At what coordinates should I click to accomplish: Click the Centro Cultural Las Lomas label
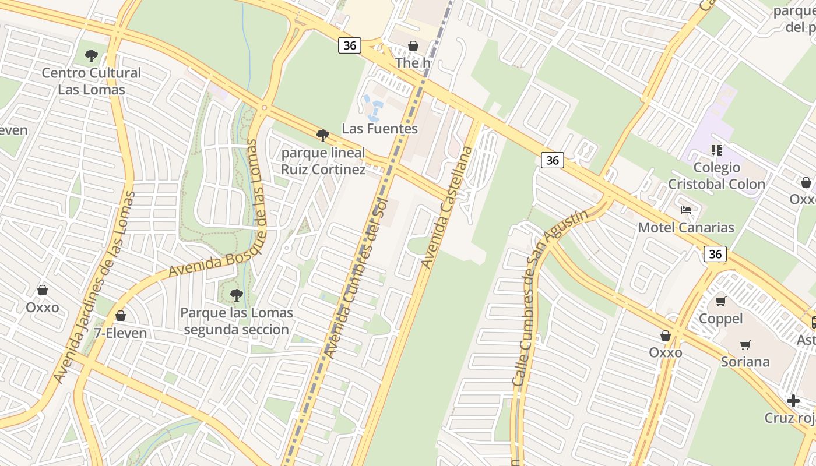coord(92,81)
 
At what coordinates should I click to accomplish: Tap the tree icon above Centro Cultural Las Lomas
coord(91,56)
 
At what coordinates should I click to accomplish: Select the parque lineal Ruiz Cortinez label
coord(323,161)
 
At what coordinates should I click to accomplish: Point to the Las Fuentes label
coord(379,129)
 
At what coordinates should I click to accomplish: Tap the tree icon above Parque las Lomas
coord(236,295)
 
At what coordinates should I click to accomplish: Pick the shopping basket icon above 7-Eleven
coord(121,316)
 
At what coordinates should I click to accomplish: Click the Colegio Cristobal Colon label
coord(716,176)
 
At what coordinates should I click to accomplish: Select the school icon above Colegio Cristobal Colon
coord(717,150)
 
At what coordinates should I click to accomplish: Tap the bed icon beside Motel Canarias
coord(686,210)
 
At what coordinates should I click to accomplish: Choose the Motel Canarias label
coord(686,227)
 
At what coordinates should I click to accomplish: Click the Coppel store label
coord(720,319)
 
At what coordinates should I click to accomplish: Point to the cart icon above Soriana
coord(745,345)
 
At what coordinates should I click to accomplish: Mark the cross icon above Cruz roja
coord(793,401)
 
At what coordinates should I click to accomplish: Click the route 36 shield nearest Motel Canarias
coord(715,254)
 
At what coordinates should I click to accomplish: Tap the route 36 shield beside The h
coord(350,45)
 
